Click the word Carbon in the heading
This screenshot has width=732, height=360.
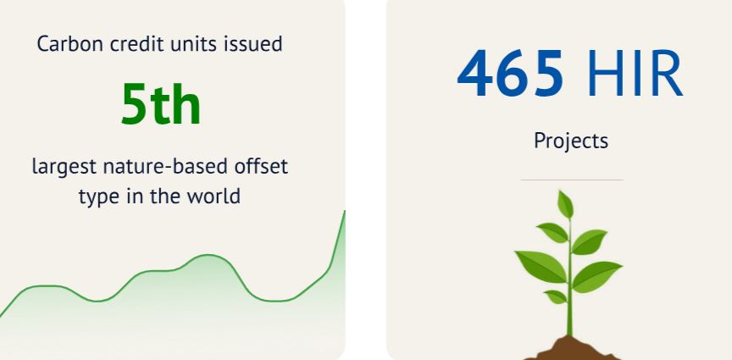(69, 44)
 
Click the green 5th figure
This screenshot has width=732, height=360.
(161, 104)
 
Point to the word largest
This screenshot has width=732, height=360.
(64, 167)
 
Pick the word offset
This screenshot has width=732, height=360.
(262, 166)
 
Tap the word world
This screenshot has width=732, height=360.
(213, 197)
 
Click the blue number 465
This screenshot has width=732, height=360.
(510, 74)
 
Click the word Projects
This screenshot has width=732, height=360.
(571, 141)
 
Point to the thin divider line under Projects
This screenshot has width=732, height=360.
(571, 180)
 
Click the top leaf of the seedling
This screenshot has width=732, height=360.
(565, 204)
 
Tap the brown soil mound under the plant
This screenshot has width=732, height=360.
(571, 348)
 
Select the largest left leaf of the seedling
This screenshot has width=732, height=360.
(541, 266)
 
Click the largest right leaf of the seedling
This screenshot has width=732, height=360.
(597, 276)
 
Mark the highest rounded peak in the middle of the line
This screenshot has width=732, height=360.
(208, 255)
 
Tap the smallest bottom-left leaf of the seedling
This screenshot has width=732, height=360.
(556, 296)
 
